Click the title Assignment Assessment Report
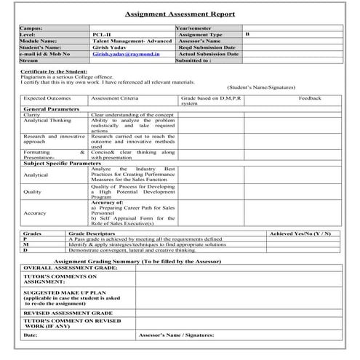[180, 14]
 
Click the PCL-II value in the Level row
[102, 34]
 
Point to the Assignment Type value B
[248, 34]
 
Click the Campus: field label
[32, 28]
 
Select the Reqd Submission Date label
[208, 47]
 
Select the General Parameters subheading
[52, 108]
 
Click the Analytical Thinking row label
[47, 120]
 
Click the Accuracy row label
[35, 213]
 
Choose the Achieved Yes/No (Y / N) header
[300, 233]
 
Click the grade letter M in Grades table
[25, 244]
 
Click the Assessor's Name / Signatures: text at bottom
[175, 335]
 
